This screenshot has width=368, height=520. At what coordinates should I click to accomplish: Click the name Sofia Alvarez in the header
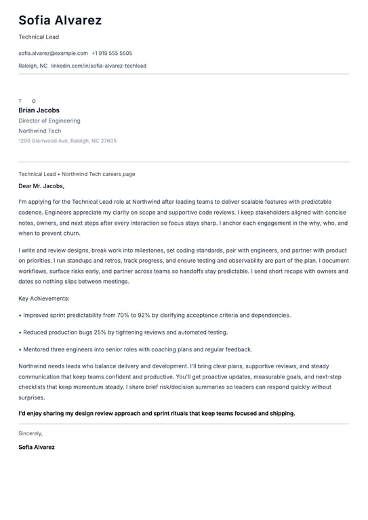pyautogui.click(x=60, y=20)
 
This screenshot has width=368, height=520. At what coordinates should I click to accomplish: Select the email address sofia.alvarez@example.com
pyautogui.click(x=53, y=53)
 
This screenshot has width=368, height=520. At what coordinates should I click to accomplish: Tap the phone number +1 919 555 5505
pyautogui.click(x=112, y=53)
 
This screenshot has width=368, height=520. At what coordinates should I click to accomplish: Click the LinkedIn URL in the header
pyautogui.click(x=98, y=66)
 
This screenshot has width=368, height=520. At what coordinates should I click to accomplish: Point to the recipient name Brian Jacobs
pyautogui.click(x=39, y=110)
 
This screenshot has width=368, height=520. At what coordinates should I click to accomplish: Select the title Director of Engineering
pyautogui.click(x=49, y=121)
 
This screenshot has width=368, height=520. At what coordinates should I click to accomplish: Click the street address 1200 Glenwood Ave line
pyautogui.click(x=67, y=141)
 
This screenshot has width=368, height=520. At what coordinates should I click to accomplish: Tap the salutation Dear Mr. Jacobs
pyautogui.click(x=41, y=186)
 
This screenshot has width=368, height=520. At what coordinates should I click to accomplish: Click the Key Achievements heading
pyautogui.click(x=44, y=298)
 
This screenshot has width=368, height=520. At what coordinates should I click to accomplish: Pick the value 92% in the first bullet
pyautogui.click(x=143, y=315)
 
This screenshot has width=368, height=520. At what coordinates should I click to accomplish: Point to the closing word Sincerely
pyautogui.click(x=30, y=433)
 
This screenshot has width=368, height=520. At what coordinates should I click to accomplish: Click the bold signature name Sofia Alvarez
pyautogui.click(x=37, y=447)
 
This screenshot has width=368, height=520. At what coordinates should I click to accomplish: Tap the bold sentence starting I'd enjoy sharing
pyautogui.click(x=157, y=413)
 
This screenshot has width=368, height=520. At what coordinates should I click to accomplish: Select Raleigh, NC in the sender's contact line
pyautogui.click(x=33, y=66)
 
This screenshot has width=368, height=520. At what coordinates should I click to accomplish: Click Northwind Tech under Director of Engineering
pyautogui.click(x=39, y=131)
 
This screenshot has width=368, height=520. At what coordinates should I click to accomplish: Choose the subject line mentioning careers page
pyautogui.click(x=77, y=174)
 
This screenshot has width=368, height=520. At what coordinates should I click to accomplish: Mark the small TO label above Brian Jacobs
pyautogui.click(x=27, y=101)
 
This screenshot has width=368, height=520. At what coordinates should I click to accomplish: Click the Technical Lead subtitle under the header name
pyautogui.click(x=39, y=37)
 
